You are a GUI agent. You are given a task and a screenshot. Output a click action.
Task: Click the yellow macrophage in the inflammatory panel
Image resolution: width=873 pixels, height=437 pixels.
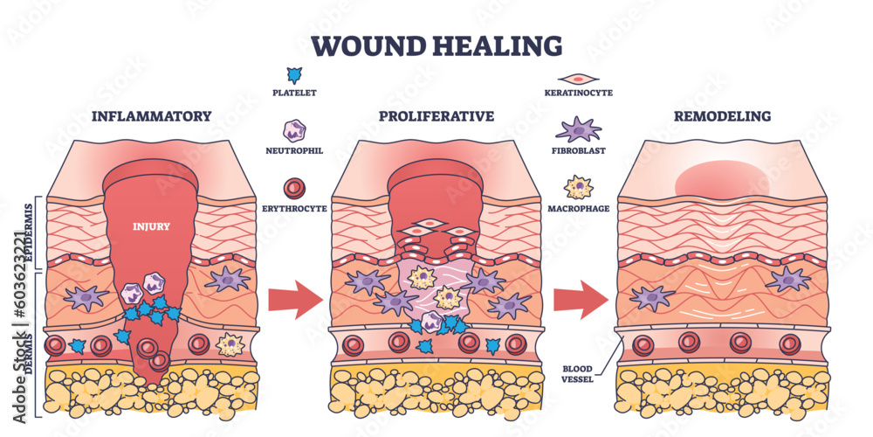pos(230,344)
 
